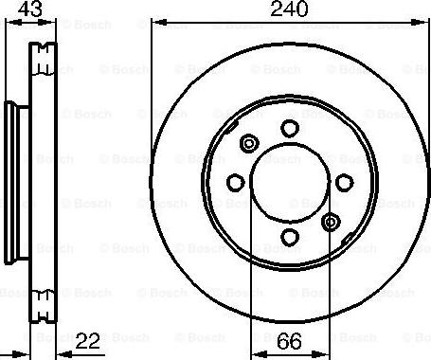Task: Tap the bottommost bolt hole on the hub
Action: pyautogui.click(x=291, y=237)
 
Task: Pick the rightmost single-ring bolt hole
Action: pyautogui.click(x=344, y=183)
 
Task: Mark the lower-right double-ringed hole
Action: pyautogui.click(x=331, y=223)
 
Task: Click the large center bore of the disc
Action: pyautogui.click(x=291, y=183)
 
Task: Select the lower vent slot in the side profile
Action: pyautogui.click(x=42, y=303)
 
